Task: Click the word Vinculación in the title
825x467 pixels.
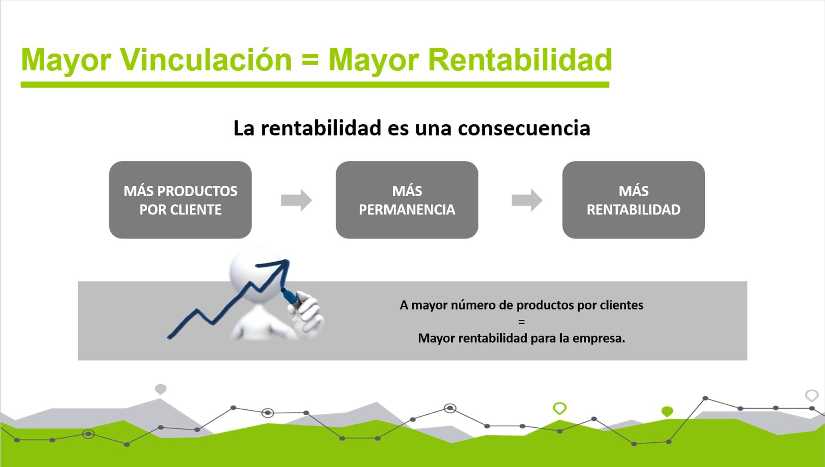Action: pyautogui.click(x=206, y=60)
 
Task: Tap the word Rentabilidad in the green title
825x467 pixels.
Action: pyautogui.click(x=520, y=60)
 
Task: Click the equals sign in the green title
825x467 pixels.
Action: pyautogui.click(x=310, y=60)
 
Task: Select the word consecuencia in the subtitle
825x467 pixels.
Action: pyautogui.click(x=524, y=128)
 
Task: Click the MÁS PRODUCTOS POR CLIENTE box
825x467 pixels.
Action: pyautogui.click(x=180, y=200)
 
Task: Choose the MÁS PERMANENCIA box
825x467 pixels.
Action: pyautogui.click(x=407, y=200)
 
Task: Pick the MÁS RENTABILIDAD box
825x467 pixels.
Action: pyautogui.click(x=633, y=200)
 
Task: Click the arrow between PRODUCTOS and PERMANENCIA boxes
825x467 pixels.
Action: pyautogui.click(x=296, y=200)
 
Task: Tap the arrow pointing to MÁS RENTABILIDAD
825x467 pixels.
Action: pyautogui.click(x=527, y=200)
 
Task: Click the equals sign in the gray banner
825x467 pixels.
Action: pyautogui.click(x=521, y=322)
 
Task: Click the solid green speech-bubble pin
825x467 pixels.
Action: pyautogui.click(x=667, y=411)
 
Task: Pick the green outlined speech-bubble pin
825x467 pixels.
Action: pyautogui.click(x=559, y=407)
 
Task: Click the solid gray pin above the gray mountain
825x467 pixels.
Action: pyautogui.click(x=160, y=389)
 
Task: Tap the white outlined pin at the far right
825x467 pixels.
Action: pyautogui.click(x=812, y=395)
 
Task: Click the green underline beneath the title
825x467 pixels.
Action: pyautogui.click(x=315, y=85)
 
